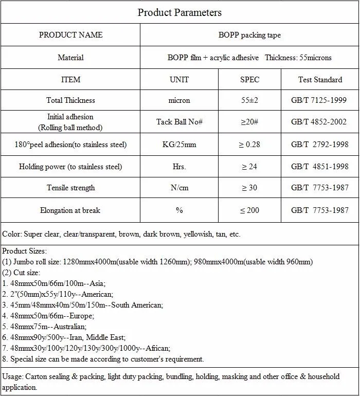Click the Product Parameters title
click(179, 12)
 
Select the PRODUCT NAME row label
click(70, 35)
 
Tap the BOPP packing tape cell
click(249, 35)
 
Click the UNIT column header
click(179, 80)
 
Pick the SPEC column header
click(249, 80)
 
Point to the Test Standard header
click(320, 80)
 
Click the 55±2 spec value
click(249, 100)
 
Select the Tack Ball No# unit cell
click(179, 122)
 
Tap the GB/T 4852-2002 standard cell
click(319, 122)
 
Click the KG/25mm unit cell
click(179, 145)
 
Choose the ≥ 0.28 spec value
click(249, 145)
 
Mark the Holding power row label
click(70, 167)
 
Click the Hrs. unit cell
click(179, 167)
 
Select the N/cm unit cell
click(179, 188)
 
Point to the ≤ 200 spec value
click(249, 210)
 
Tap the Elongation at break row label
click(70, 210)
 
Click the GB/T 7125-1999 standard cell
click(319, 100)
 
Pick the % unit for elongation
click(179, 210)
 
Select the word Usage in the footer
click(12, 377)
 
